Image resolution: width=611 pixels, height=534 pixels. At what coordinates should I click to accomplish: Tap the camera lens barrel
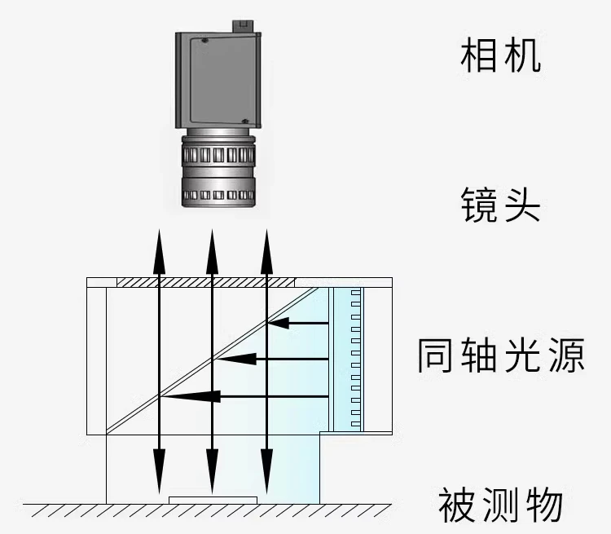[218, 171]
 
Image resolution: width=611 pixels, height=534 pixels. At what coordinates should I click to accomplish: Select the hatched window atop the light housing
[205, 282]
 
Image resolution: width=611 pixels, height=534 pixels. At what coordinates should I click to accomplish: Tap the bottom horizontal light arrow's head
[181, 396]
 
